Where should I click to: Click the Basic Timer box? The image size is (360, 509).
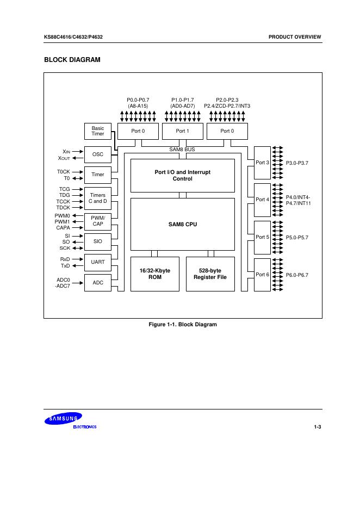pos(97,131)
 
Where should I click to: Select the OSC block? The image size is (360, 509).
pos(97,154)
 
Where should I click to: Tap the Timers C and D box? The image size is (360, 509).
pos(97,198)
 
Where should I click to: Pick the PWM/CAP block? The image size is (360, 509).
pos(97,221)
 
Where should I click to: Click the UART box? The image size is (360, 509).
pos(97,262)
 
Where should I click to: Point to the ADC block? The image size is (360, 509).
pos(97,283)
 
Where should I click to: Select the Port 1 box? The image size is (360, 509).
pos(182,131)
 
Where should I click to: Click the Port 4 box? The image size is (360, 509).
pos(262,200)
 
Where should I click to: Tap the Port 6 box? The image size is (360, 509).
pos(262,275)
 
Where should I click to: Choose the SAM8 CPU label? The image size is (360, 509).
pos(182,224)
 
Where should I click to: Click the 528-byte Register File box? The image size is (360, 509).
pos(210,274)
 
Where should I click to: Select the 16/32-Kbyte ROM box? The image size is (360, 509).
pos(154,274)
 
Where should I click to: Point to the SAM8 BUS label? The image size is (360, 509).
pos(182,149)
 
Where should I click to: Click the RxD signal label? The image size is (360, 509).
pos(65,259)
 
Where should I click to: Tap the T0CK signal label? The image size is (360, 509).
pos(63,171)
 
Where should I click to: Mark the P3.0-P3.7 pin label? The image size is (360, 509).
pos(297,163)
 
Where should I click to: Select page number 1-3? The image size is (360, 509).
pos(318,426)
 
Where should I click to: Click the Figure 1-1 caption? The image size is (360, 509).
pos(183,325)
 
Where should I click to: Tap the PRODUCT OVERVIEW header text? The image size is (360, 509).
pos(295,37)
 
